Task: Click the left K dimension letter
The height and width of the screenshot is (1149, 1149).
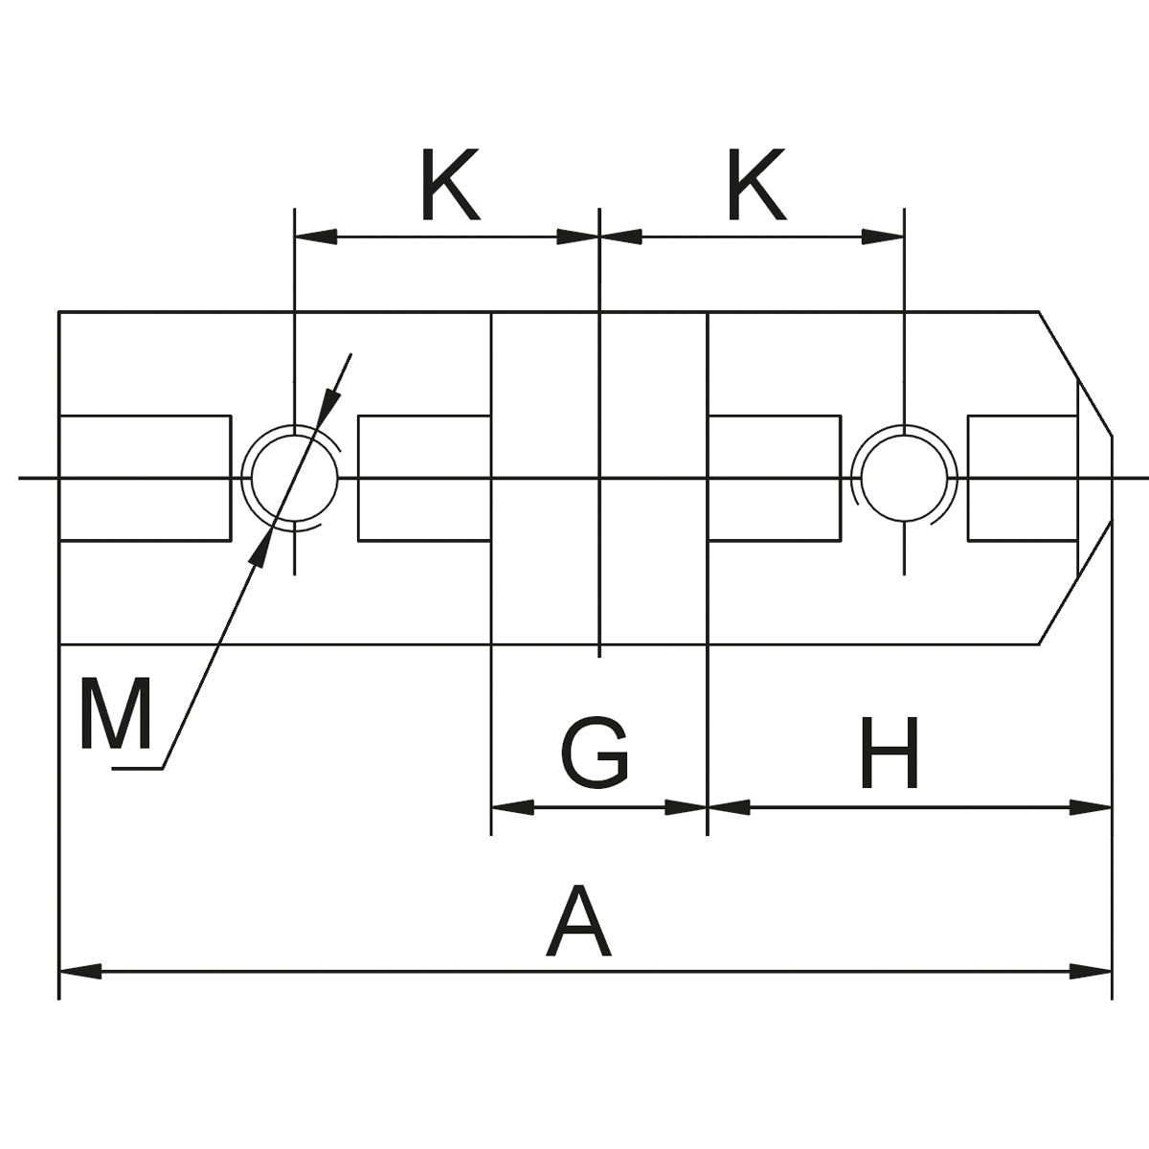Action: coord(449,185)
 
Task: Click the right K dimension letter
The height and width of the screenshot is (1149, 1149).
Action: coord(756,185)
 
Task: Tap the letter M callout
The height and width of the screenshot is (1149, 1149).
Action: coord(116,714)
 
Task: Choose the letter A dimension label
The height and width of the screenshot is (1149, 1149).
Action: coord(578,923)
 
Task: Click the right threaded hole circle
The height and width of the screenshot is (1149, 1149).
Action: coord(904,476)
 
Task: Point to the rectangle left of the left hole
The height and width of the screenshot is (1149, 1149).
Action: coord(146,478)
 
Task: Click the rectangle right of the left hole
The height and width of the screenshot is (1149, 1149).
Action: coord(424,478)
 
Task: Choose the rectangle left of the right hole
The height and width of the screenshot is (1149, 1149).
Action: coord(774,478)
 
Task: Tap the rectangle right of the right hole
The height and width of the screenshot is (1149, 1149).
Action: coord(1023,478)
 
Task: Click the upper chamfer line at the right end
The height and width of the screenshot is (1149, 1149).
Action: coord(1075,373)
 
